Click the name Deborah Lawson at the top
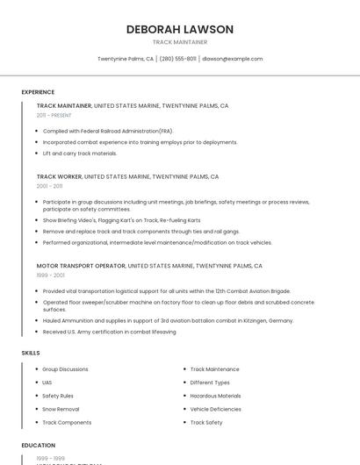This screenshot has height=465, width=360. [x=180, y=29]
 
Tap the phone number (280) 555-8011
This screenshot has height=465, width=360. [x=178, y=59]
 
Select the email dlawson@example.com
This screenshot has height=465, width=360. [x=232, y=59]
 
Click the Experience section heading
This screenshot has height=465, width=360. [x=38, y=92]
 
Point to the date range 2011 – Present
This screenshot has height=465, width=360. [x=54, y=115]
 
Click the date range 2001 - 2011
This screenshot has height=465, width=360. [x=49, y=186]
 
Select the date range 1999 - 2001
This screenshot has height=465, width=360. [x=50, y=275]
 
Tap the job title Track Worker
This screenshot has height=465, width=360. [x=59, y=176]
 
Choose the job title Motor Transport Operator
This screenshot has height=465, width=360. [x=81, y=266]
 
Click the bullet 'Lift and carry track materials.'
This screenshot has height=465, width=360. [x=80, y=154]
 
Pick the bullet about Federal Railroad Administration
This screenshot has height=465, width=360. [x=108, y=131]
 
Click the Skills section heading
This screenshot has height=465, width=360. [x=31, y=353]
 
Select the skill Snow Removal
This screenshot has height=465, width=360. [x=61, y=409]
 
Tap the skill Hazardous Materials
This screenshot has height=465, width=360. [x=215, y=396]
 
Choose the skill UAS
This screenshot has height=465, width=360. [x=47, y=383]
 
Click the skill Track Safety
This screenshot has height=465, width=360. [x=206, y=423]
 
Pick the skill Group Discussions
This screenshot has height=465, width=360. [x=65, y=369]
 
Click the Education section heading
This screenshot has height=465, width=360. [x=39, y=445]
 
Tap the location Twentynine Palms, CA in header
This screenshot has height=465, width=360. [x=126, y=59]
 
